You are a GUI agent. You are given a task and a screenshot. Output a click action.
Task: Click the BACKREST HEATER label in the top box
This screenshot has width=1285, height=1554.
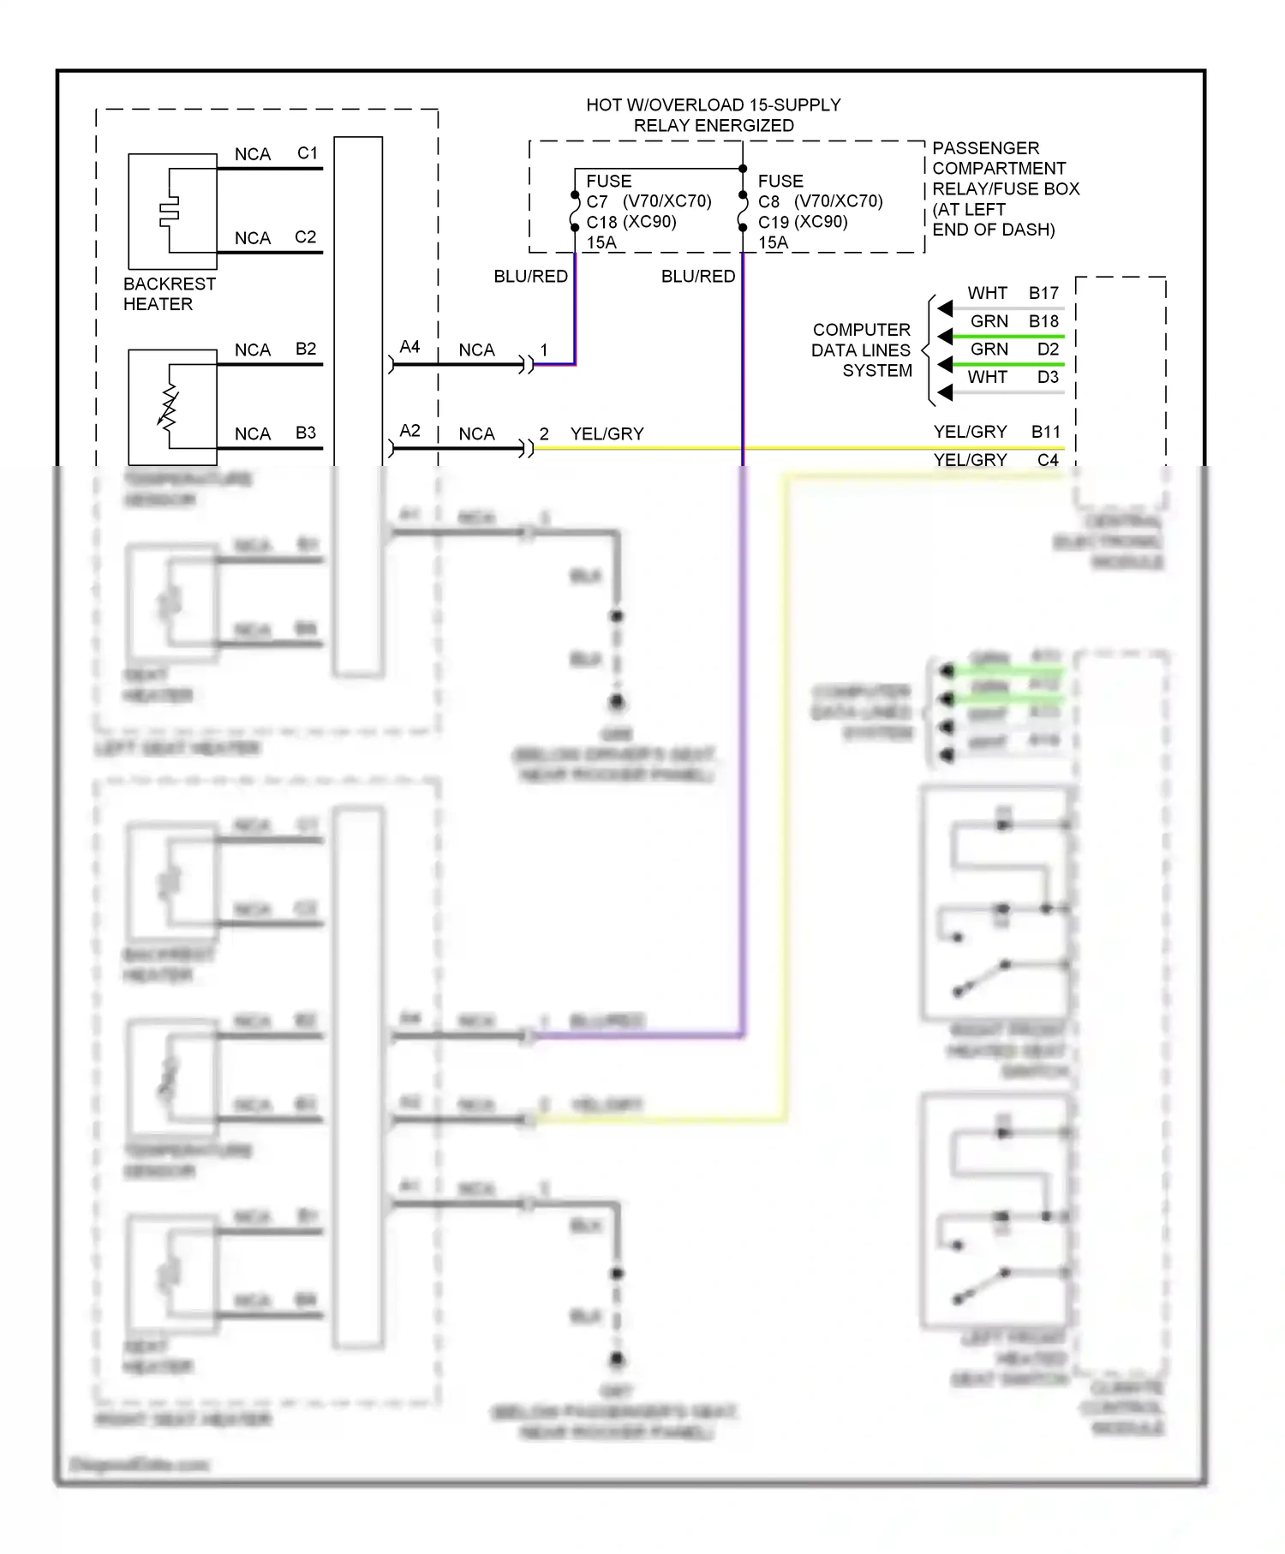169,294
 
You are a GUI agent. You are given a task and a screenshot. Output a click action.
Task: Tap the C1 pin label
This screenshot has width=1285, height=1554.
307,153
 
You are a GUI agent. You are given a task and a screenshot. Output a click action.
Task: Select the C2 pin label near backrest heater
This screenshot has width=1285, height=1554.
305,237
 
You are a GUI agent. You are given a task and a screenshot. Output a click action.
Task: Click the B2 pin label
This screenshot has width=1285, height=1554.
305,350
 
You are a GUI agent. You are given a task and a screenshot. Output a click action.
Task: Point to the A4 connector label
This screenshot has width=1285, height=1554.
409,347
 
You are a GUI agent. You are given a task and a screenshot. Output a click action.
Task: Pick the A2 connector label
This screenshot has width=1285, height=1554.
409,431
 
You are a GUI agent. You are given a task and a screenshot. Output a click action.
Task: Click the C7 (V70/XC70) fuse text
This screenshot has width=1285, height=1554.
648,201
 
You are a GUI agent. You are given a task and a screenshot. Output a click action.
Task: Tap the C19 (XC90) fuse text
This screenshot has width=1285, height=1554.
803,222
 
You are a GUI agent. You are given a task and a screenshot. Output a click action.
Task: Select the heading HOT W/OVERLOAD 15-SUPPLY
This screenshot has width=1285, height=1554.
713,105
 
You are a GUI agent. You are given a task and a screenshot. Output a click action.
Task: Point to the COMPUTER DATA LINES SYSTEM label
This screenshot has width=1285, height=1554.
861,350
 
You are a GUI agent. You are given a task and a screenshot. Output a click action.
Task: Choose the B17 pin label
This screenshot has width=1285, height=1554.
1043,293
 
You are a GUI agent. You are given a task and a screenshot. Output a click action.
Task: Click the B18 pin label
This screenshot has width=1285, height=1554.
1043,321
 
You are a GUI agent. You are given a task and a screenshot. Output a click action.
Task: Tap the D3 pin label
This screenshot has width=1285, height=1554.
1047,377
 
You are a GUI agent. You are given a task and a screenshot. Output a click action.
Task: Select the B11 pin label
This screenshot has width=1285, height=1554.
1045,432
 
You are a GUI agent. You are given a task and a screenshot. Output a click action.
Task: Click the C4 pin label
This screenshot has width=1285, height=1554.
1047,460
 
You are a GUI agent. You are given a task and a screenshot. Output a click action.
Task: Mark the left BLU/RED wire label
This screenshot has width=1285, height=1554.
530,276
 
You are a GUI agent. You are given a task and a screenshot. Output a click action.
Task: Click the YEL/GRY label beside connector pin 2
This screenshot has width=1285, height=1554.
607,434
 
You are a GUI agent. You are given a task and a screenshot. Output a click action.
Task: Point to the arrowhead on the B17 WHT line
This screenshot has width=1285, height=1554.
945,308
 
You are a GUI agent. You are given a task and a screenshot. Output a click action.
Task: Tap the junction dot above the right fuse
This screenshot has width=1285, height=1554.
743,169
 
